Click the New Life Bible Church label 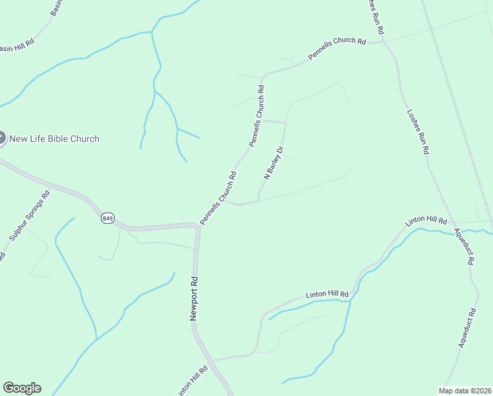point(54,139)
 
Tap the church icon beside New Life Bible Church point(1,138)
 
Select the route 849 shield point(107,218)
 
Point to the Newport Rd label point(194,298)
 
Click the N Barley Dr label point(273,163)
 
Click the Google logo point(22,388)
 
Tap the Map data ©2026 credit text point(465,390)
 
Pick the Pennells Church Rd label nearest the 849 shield point(218,198)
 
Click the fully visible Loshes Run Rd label point(418,131)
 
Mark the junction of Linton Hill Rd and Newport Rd point(211,362)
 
